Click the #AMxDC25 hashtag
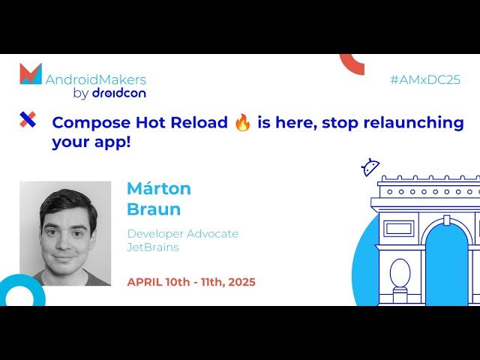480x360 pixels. pyautogui.click(x=424, y=79)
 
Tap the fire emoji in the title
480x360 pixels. pyautogui.click(x=242, y=123)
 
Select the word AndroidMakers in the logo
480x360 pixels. pyautogui.click(x=96, y=79)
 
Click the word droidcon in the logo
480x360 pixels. pyautogui.click(x=118, y=94)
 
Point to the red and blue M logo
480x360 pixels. pyautogui.click(x=31, y=74)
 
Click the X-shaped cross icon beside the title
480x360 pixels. pyautogui.click(x=28, y=119)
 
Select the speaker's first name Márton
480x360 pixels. pyautogui.click(x=159, y=188)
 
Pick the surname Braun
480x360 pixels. pyautogui.click(x=154, y=209)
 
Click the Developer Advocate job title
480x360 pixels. pyautogui.click(x=183, y=234)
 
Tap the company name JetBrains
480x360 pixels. pyautogui.click(x=153, y=247)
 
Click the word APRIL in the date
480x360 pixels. pyautogui.click(x=145, y=282)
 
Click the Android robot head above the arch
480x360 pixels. pyautogui.click(x=370, y=167)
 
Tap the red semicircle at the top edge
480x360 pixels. pyautogui.click(x=352, y=64)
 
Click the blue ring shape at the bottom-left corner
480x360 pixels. pyautogui.click(x=20, y=292)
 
